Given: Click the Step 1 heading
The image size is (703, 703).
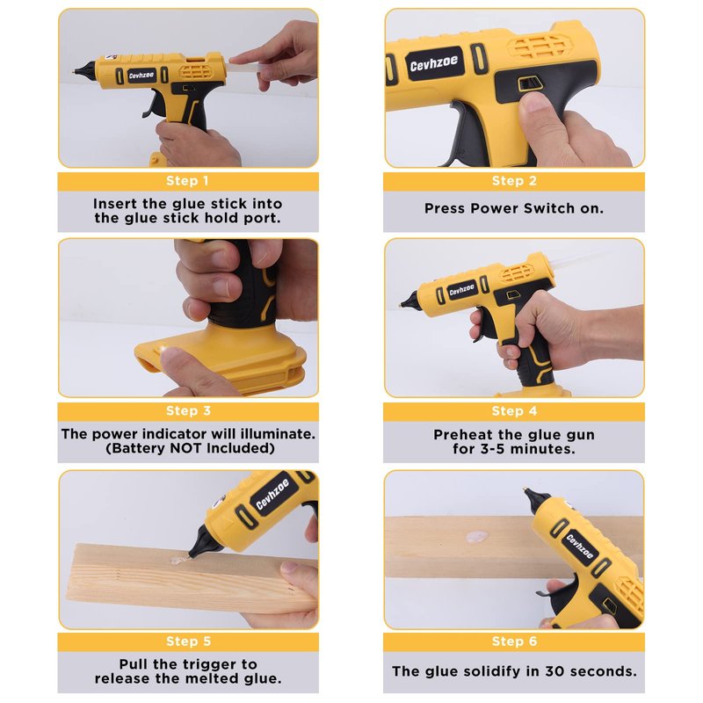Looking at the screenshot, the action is pos(187,181).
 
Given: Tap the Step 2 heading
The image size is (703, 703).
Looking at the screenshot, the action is pos(514,181).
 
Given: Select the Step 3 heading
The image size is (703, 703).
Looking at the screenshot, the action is pos(188,410).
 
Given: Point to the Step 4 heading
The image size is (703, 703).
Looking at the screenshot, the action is pos(514,410).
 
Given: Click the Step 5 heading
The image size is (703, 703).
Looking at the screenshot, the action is pos(188,641).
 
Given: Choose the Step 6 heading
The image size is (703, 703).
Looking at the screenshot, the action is pos(514,641).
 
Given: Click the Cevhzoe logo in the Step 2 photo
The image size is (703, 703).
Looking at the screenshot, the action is pos(434,63).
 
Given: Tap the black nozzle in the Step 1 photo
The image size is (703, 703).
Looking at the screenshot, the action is pos(85,69).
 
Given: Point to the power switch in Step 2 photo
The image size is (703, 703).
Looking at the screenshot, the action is pos(530,83).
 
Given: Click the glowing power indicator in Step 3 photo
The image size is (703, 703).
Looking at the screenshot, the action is pos(162,348).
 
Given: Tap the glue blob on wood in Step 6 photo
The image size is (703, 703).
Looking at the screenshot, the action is pos(476,536).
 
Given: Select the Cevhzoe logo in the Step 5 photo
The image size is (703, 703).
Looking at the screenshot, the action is pos(272,494).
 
